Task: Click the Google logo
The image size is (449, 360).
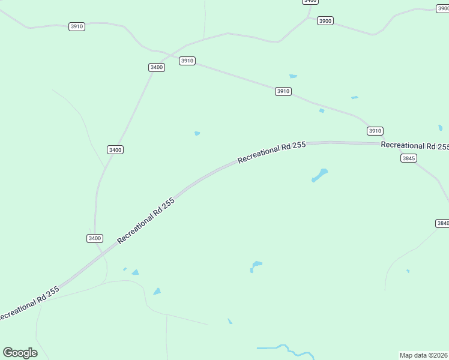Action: tap(20, 353)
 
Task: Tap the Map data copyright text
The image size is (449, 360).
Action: tap(423, 355)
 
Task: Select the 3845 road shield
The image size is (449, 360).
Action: tap(409, 158)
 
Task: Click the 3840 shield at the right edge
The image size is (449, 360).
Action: tap(442, 223)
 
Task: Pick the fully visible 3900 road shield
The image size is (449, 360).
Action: tap(325, 21)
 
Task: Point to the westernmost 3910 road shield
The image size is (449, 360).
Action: tap(77, 26)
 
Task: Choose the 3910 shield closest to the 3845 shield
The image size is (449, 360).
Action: tap(375, 131)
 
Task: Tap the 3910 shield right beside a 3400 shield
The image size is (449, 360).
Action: tap(187, 61)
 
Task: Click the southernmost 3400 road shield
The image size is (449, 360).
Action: tap(94, 238)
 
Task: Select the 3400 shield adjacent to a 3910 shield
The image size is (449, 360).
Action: tap(157, 67)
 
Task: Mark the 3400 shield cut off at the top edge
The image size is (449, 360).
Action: tap(310, 2)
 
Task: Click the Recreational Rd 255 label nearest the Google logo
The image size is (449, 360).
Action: tap(29, 304)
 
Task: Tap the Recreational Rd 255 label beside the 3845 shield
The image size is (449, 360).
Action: tap(414, 146)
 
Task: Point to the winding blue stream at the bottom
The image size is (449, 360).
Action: tap(285, 349)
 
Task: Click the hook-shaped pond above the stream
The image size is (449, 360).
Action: tap(255, 266)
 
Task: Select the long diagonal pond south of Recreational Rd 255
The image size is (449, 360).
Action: tap(319, 175)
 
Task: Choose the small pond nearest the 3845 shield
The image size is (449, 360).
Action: tap(440, 127)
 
